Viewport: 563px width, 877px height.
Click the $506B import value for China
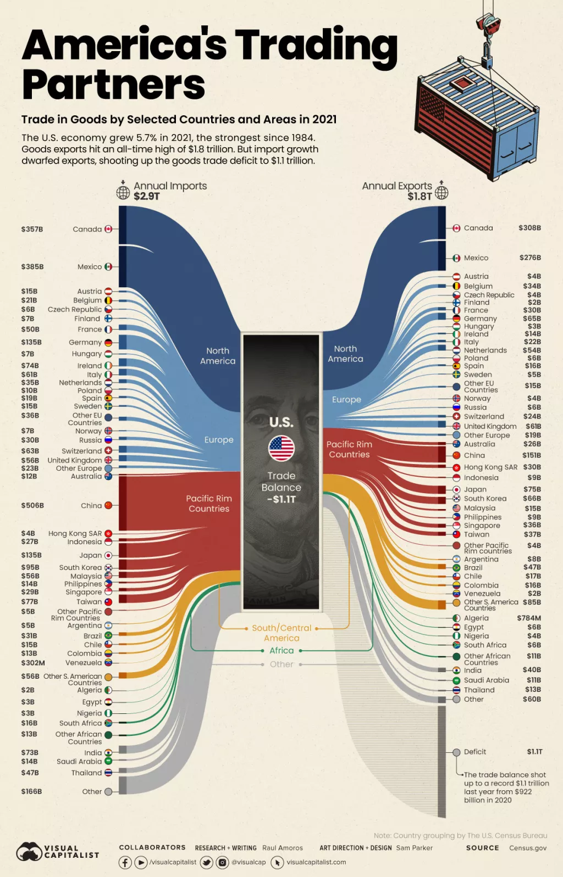click(x=32, y=505)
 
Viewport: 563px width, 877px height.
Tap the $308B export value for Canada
click(x=529, y=228)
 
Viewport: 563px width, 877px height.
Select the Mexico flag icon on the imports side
click(x=108, y=267)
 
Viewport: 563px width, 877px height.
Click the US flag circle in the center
click(x=281, y=449)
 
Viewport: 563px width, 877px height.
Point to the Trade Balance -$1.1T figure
click(x=281, y=499)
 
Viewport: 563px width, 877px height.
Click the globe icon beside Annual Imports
click(x=123, y=193)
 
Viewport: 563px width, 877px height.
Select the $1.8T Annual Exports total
click(x=420, y=197)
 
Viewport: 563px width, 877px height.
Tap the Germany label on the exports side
click(x=480, y=319)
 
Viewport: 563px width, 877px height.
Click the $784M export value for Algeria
click(x=528, y=618)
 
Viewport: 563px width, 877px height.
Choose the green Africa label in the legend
click(x=281, y=651)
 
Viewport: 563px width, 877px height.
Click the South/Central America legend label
click(x=281, y=633)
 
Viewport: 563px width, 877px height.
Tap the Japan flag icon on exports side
click(x=456, y=489)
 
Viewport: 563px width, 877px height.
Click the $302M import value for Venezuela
click(x=33, y=663)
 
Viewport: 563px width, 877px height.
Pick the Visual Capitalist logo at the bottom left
click(x=57, y=852)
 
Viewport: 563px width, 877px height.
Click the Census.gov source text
click(x=527, y=848)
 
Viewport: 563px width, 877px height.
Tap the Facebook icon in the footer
click(x=125, y=863)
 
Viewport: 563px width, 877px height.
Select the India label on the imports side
click(x=93, y=753)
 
